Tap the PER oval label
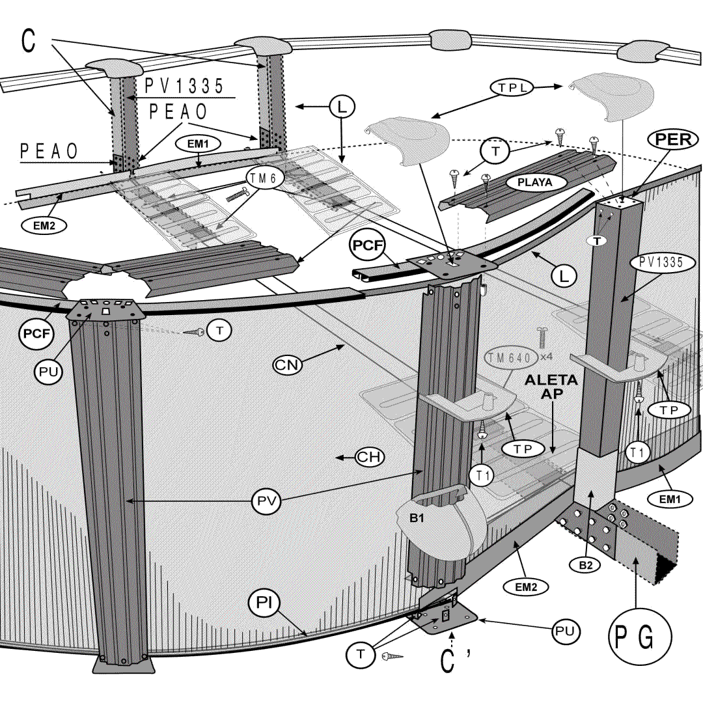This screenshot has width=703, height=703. (672, 139)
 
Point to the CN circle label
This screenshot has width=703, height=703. (288, 365)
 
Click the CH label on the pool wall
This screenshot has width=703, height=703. (369, 457)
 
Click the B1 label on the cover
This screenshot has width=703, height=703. (417, 519)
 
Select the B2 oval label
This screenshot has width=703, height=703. (586, 565)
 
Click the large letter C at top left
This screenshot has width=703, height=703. (29, 40)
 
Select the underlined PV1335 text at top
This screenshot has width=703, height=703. (184, 86)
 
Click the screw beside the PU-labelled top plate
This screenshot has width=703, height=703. (194, 332)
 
